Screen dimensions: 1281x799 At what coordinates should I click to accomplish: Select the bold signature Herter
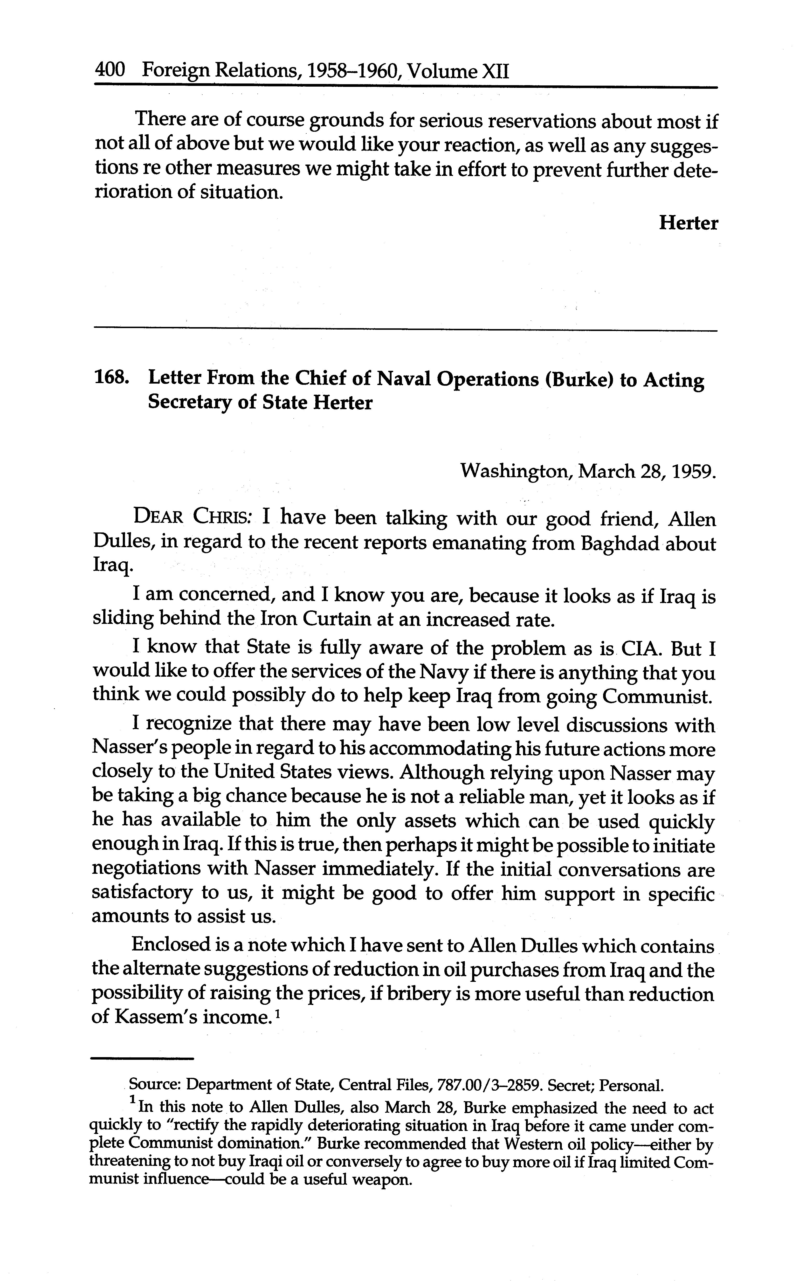pyautogui.click(x=688, y=223)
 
